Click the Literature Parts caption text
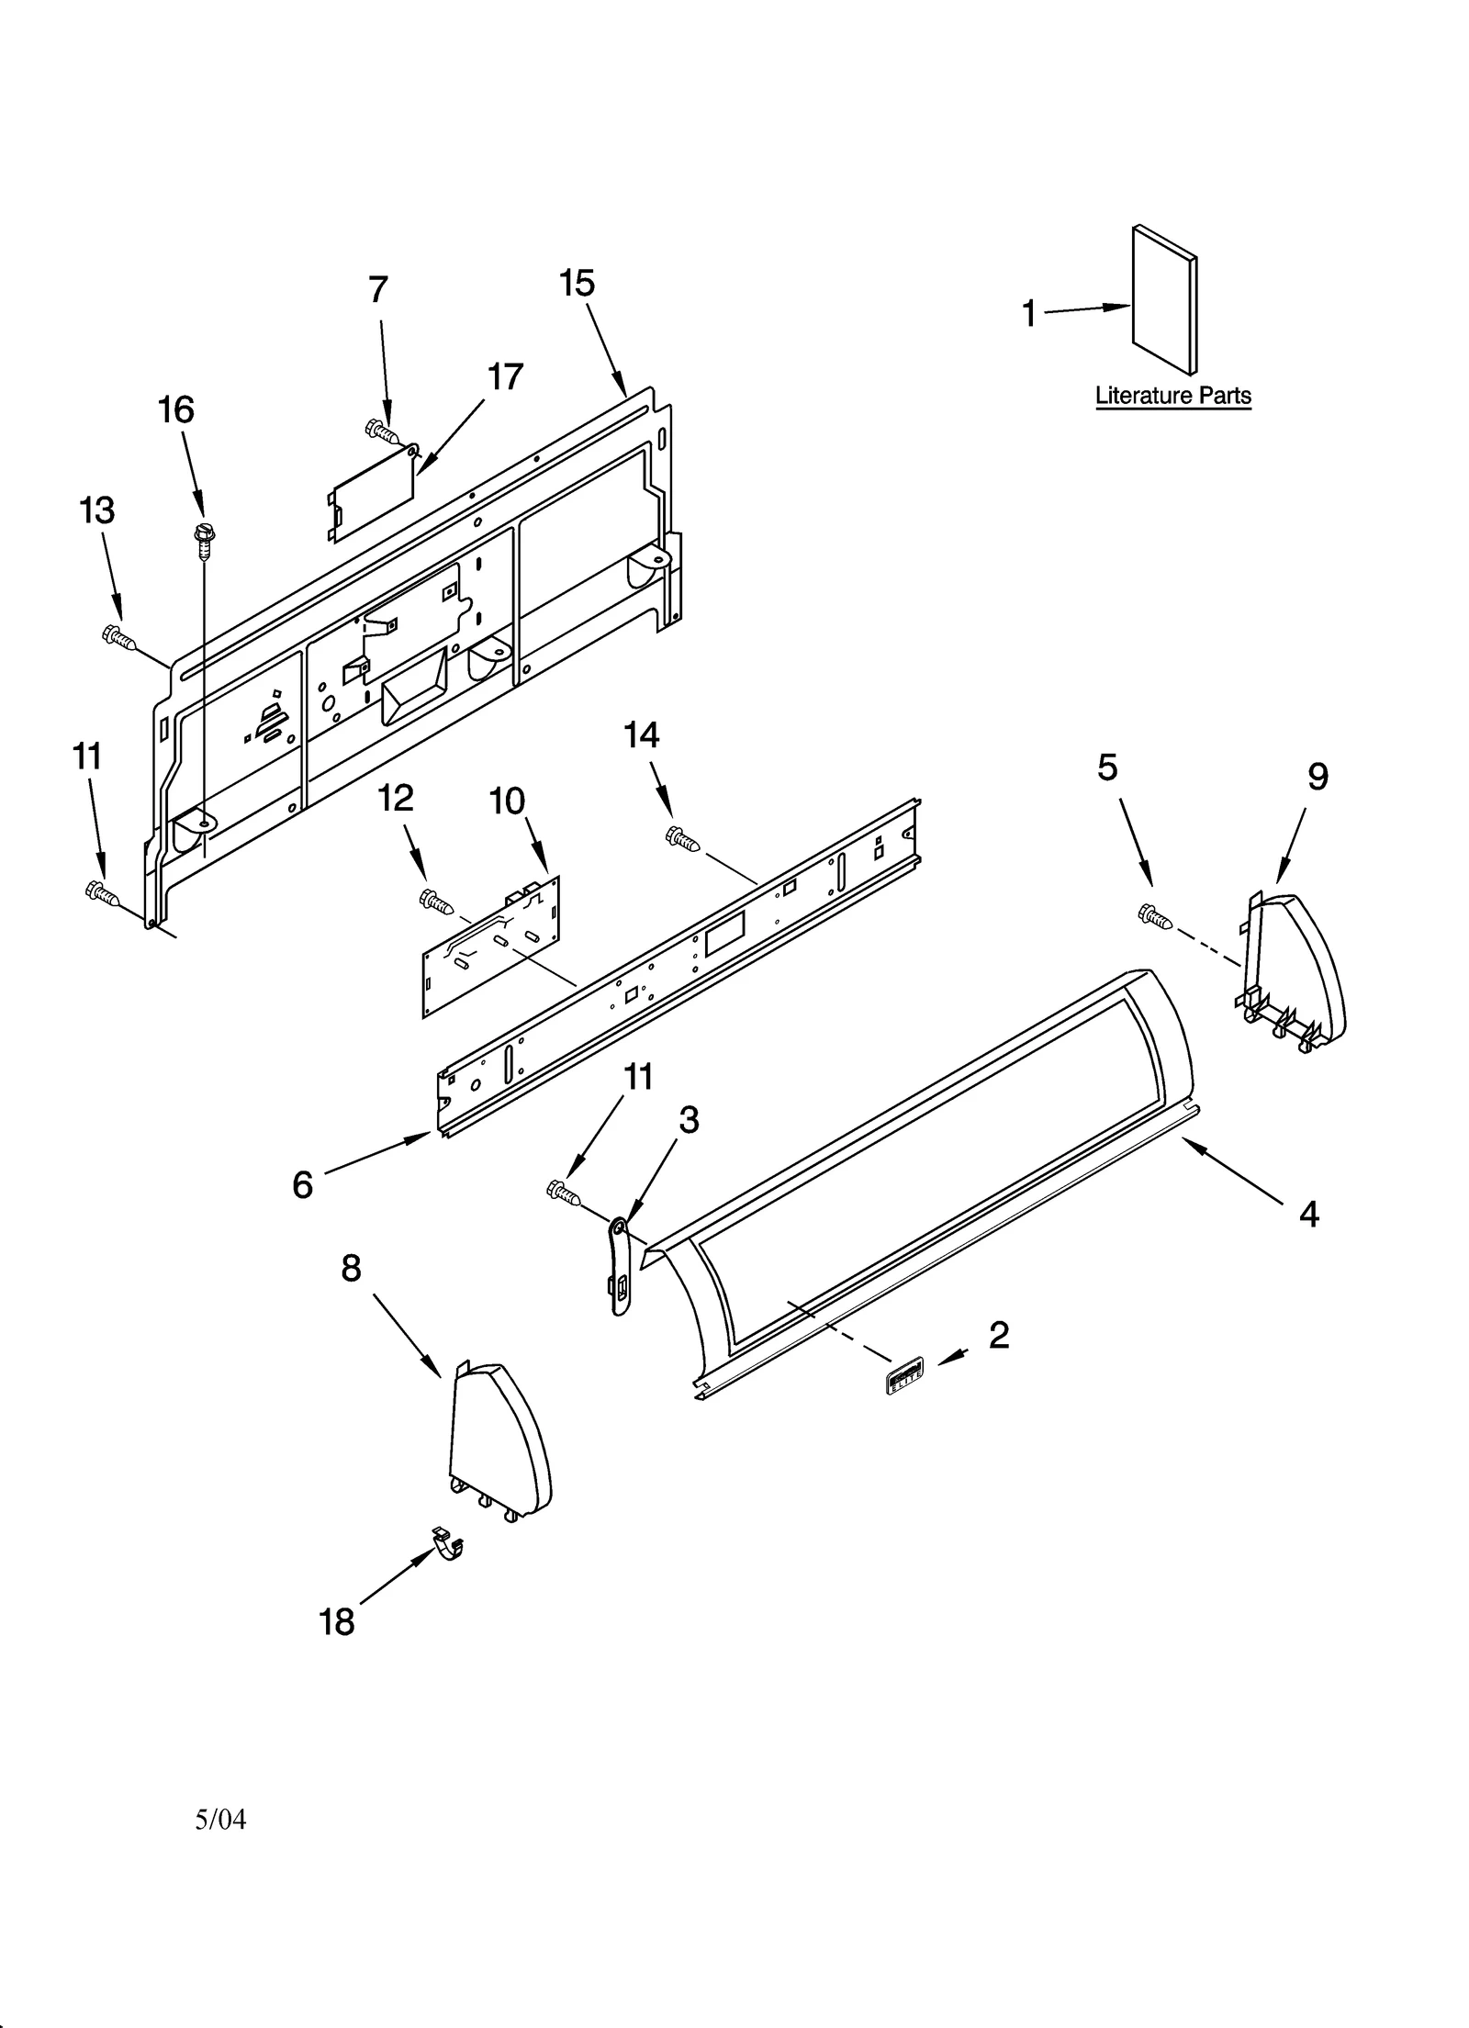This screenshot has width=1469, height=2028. point(1172,396)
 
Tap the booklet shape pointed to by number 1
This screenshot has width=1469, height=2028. point(1164,300)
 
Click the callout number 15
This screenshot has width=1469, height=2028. point(577,283)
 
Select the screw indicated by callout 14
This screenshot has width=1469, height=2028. point(682,837)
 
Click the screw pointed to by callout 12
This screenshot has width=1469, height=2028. point(436,902)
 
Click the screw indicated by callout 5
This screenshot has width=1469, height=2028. point(1154,915)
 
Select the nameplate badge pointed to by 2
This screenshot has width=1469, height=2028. point(903,1375)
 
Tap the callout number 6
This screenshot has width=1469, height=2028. point(302,1184)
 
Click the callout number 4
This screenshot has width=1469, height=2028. point(1308,1214)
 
